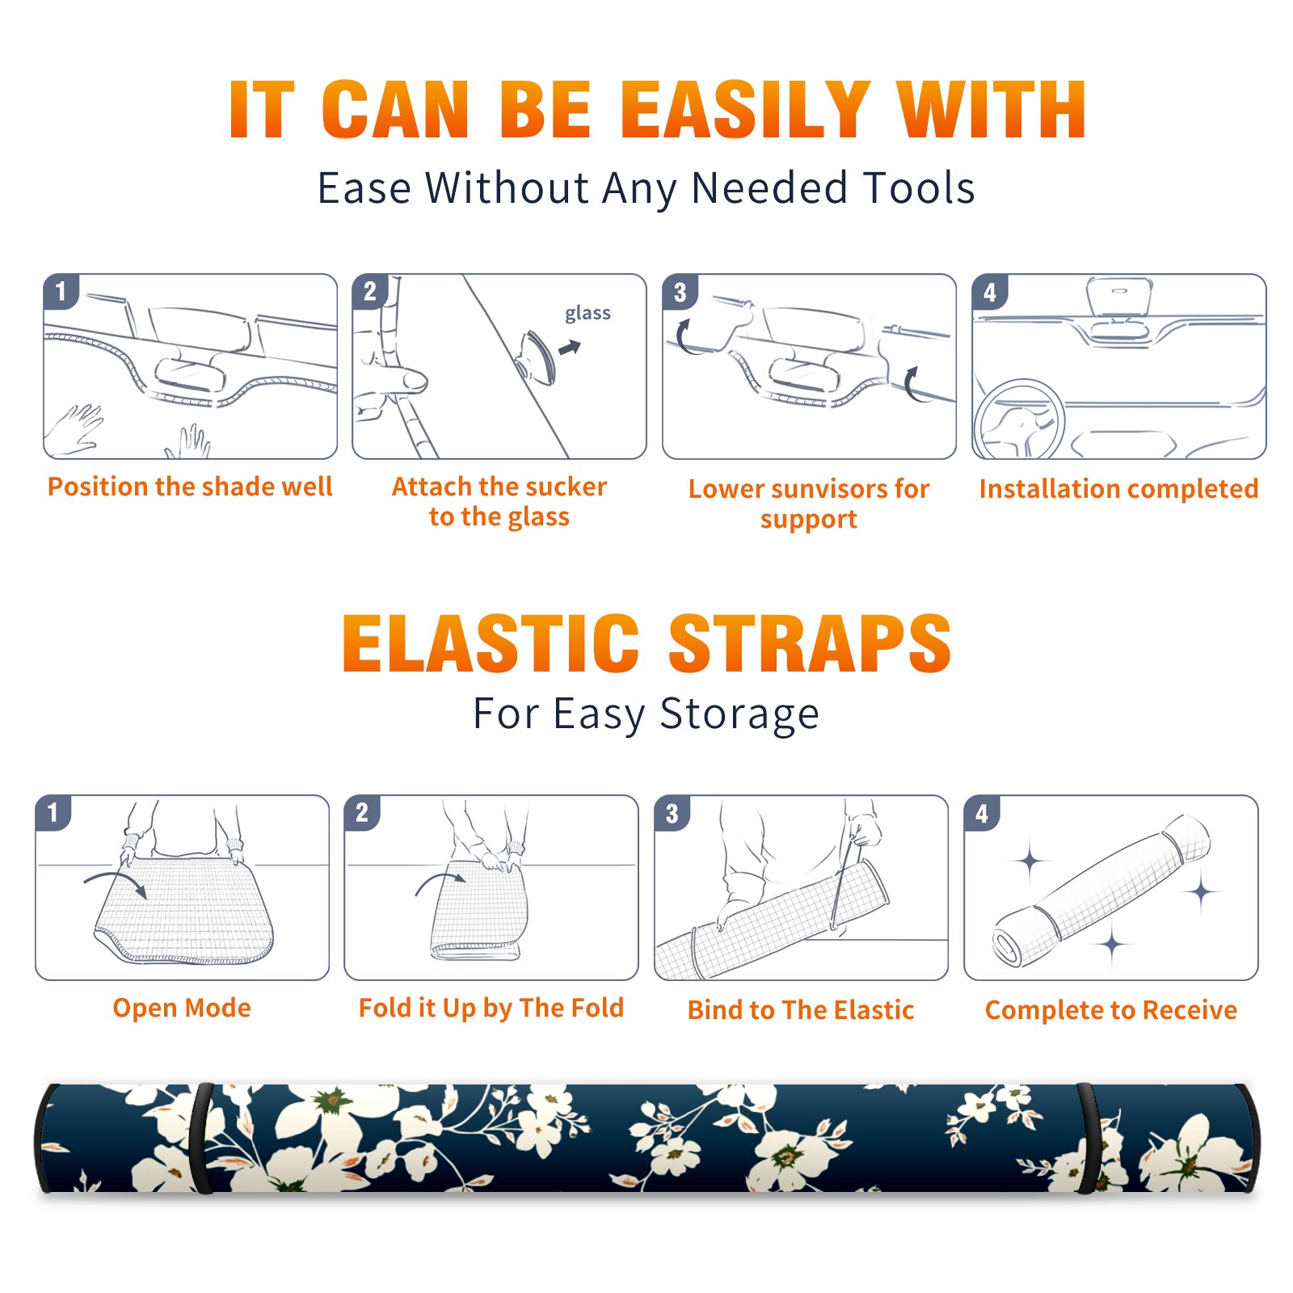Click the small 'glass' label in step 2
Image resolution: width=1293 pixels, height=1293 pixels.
[x=588, y=314]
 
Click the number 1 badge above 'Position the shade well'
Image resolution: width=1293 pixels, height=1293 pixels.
[x=61, y=291]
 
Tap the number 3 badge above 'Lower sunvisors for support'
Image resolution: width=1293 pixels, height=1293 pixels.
[x=680, y=292]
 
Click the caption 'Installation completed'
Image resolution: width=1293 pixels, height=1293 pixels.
[x=1118, y=488]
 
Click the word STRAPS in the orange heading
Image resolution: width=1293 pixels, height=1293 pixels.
[x=810, y=643]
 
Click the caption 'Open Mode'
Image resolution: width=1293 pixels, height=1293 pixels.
[x=182, y=1009]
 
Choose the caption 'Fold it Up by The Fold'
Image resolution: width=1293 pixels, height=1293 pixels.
[x=491, y=1009]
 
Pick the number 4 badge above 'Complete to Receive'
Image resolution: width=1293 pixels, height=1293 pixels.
[x=982, y=813]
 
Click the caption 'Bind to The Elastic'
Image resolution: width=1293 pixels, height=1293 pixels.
[x=801, y=1010]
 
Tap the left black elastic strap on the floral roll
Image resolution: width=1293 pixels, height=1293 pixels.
[x=202, y=1138]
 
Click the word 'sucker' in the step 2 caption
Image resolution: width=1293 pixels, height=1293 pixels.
[x=566, y=486]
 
